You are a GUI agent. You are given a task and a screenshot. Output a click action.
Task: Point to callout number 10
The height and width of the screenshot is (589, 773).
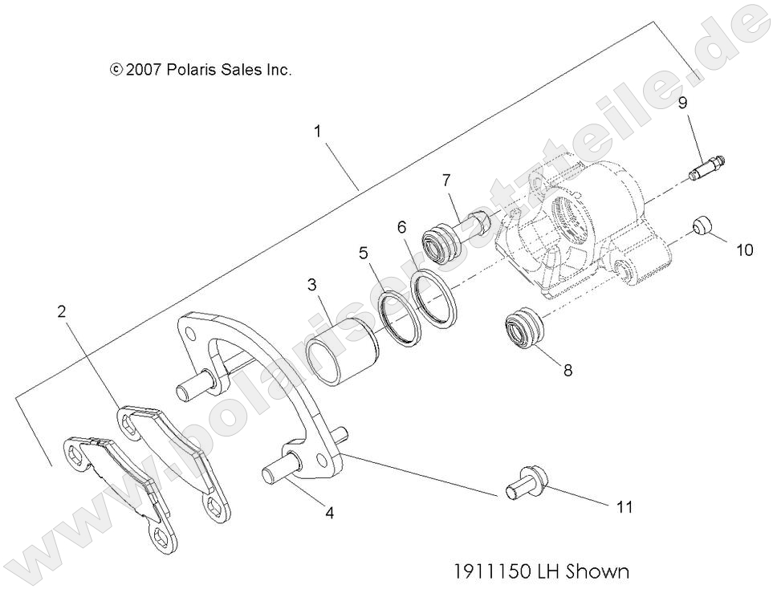coord(744,250)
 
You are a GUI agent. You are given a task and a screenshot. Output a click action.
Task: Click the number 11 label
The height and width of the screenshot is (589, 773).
coord(625,507)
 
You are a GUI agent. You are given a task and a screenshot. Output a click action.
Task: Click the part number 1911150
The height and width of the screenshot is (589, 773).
coord(489,571)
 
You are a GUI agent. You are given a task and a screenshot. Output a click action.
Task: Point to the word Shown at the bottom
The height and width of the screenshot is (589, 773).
coord(597,571)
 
